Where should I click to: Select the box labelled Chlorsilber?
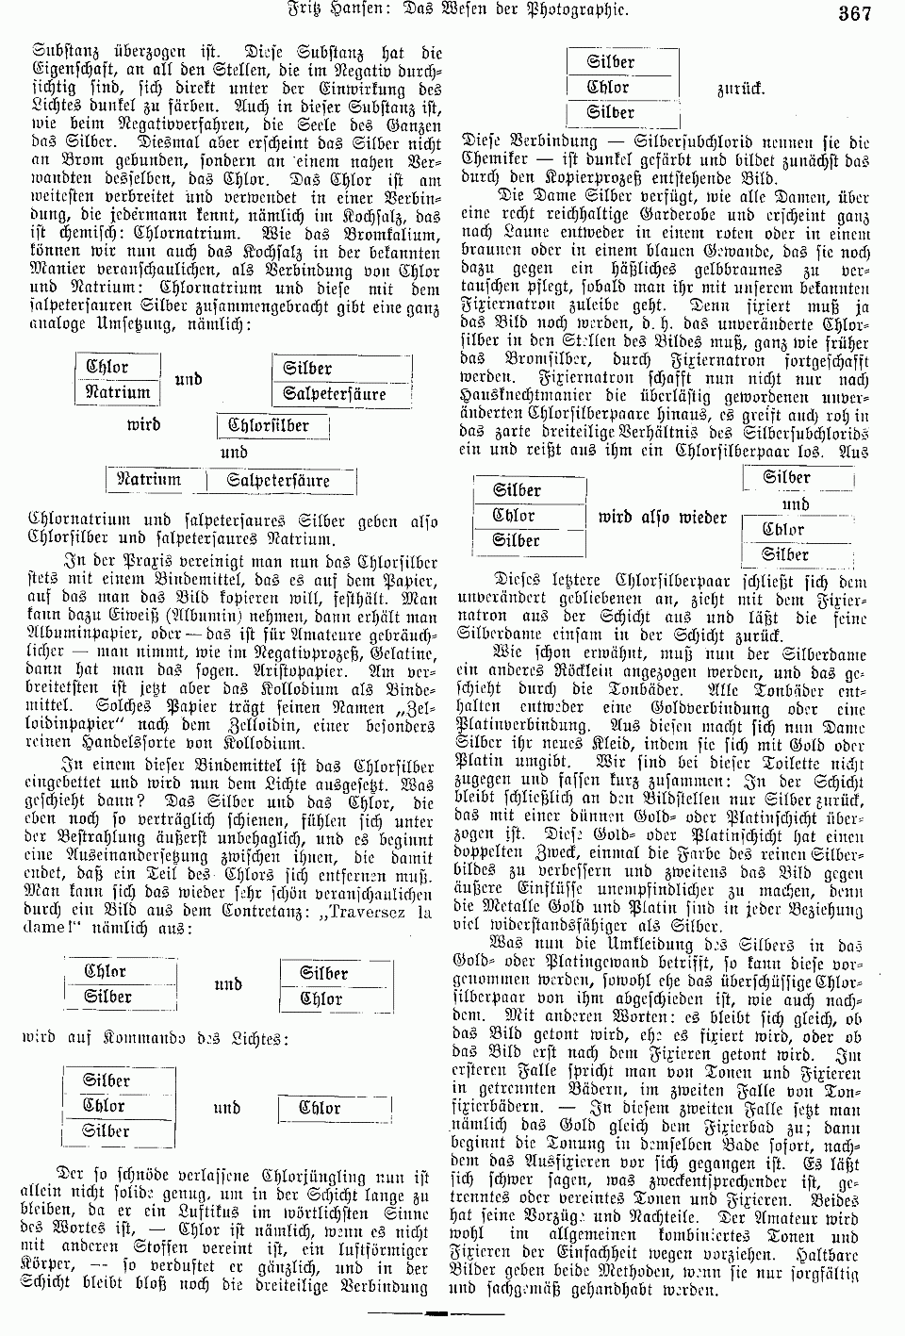pos(274,425)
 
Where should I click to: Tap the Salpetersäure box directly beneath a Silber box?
pos(335,394)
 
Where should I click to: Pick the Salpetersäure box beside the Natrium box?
pos(279,480)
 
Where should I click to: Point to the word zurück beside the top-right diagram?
pos(741,90)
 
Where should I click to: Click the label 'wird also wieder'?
pos(663,517)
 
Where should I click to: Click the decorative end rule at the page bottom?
pos(436,1313)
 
